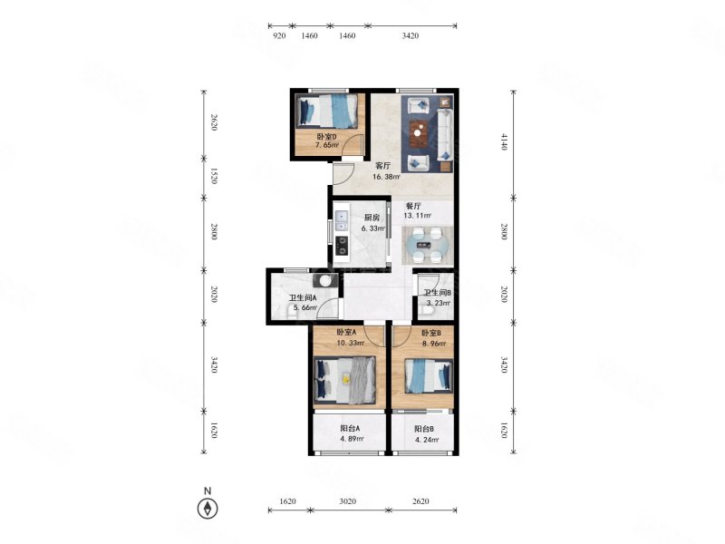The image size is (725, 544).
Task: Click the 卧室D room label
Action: (326, 137)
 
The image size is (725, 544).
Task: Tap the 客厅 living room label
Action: (382, 166)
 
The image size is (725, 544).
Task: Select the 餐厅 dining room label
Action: (413, 206)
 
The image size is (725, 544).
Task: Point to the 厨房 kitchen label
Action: (372, 218)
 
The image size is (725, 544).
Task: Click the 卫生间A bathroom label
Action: (303, 298)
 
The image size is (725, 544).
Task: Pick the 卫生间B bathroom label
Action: (438, 292)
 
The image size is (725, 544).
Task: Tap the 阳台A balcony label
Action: (350, 428)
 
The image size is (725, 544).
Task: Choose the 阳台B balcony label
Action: (424, 429)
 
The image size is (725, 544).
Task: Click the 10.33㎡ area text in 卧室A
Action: (351, 343)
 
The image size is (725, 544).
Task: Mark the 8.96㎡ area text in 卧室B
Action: (434, 344)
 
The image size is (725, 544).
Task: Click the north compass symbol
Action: (208, 509)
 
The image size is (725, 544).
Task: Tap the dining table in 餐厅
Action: (427, 245)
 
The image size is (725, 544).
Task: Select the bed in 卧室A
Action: (345, 380)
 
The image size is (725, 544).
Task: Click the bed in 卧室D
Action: (327, 111)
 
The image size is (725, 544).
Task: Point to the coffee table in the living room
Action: (419, 132)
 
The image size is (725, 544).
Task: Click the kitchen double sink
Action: (342, 220)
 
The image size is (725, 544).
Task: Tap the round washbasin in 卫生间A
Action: (326, 280)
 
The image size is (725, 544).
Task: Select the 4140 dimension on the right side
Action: (504, 141)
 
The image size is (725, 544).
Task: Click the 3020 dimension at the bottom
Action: (348, 501)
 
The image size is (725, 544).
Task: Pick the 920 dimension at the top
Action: (279, 35)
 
